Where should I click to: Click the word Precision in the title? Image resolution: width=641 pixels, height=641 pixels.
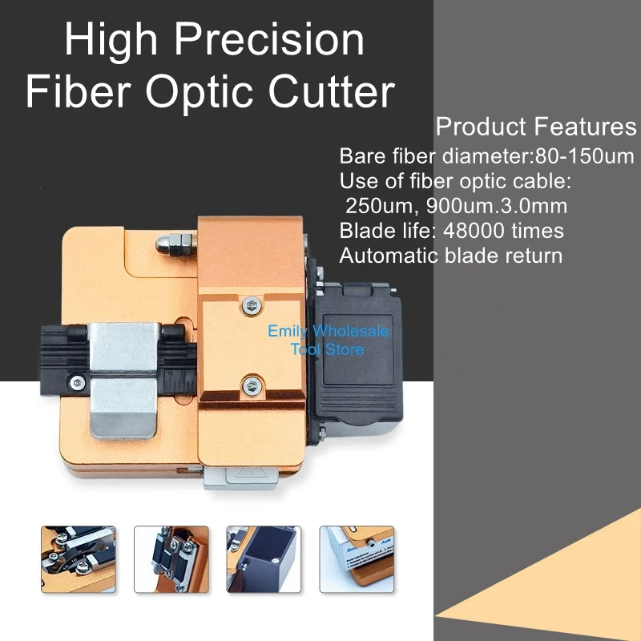[269, 39]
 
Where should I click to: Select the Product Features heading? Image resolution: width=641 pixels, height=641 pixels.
[536, 127]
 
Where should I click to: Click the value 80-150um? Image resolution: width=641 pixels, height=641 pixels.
[585, 155]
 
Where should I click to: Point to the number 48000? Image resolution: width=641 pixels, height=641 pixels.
[474, 231]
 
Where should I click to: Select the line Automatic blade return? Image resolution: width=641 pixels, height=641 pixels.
[451, 256]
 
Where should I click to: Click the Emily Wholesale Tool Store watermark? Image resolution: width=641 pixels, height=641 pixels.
[329, 340]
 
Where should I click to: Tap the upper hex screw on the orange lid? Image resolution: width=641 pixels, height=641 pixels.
[251, 305]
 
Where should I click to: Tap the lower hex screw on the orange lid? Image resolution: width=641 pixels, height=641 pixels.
[252, 385]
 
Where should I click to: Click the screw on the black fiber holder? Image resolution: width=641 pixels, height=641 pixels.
[77, 383]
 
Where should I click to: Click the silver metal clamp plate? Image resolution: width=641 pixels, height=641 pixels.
[123, 380]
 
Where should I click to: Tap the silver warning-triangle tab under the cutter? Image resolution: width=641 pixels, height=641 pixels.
[241, 478]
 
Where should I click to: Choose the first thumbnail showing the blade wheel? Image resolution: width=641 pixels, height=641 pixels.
[79, 559]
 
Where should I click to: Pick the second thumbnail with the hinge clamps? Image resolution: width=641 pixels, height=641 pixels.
[171, 559]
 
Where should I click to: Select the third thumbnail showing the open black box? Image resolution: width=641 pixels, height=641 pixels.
[264, 559]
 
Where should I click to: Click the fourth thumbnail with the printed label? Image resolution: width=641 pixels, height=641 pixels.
[357, 559]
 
